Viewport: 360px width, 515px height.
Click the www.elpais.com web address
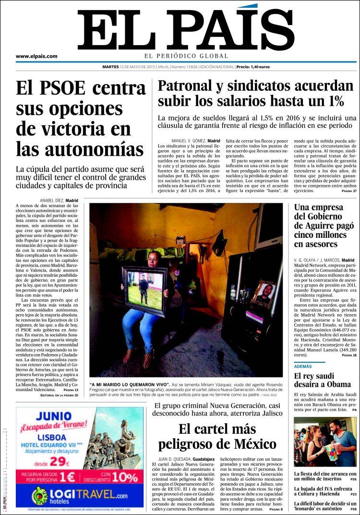tap(36, 56)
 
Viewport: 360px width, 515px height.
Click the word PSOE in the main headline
tap(63, 88)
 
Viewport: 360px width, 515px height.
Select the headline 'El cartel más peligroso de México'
tap(217, 436)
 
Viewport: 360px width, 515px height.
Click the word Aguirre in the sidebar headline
tap(327, 225)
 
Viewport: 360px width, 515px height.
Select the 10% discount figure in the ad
tap(126, 477)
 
